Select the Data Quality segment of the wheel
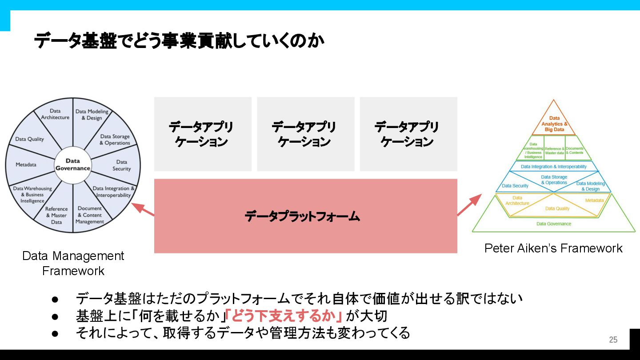point(30,139)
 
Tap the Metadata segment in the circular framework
point(26,164)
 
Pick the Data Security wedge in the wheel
point(121,165)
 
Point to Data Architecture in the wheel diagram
point(55,114)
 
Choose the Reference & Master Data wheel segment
point(56,215)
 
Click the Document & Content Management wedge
point(90,215)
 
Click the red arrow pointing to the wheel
point(142,209)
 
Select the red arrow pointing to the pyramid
point(469,205)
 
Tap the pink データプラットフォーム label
point(302,216)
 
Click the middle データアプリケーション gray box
point(305,134)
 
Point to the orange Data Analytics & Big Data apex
point(554,124)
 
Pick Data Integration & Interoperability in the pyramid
point(554,167)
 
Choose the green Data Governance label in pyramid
point(554,224)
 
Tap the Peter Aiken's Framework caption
point(553,248)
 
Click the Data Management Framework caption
point(73,263)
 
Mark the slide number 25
point(613,340)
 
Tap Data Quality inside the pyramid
point(557,208)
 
